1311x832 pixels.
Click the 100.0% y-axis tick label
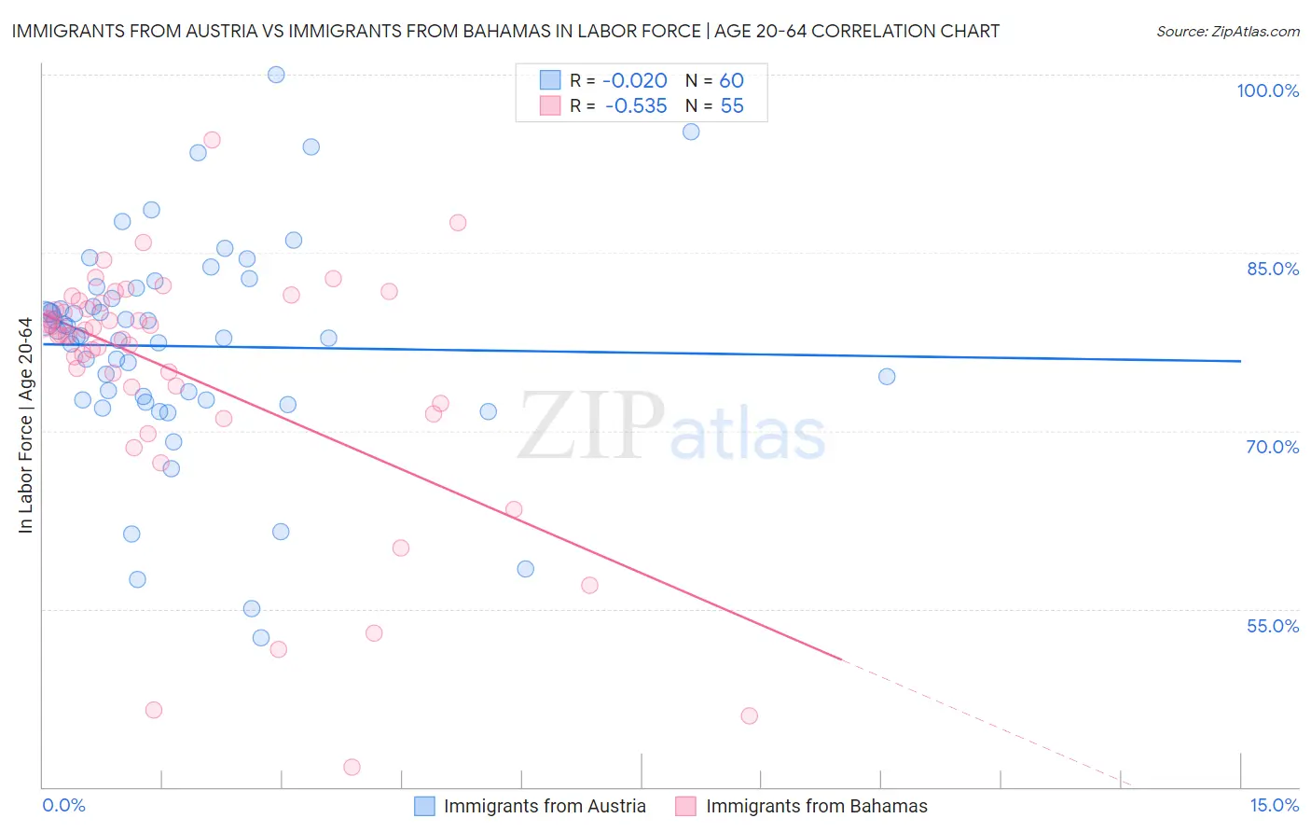[x=1267, y=90]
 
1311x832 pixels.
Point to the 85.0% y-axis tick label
[x=1272, y=269]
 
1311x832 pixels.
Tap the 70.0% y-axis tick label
[x=1272, y=447]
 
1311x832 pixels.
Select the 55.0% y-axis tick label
[x=1272, y=626]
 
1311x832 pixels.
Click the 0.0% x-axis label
[x=63, y=806]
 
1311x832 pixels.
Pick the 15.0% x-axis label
[x=1274, y=806]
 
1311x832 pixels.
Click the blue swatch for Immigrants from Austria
[x=424, y=806]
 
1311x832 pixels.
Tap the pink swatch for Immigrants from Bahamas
[x=686, y=806]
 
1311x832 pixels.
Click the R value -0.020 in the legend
[x=634, y=80]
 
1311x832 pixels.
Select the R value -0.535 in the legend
[x=635, y=106]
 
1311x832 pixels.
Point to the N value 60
[x=731, y=80]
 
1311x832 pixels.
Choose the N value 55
[x=731, y=106]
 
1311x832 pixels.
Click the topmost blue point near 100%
[x=276, y=75]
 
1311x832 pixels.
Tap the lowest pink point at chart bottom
[x=352, y=767]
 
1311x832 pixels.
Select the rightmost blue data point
[x=887, y=377]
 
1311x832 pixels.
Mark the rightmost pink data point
[x=750, y=716]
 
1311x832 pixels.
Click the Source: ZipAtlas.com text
[x=1227, y=32]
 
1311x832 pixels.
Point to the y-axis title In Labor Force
[x=25, y=425]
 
